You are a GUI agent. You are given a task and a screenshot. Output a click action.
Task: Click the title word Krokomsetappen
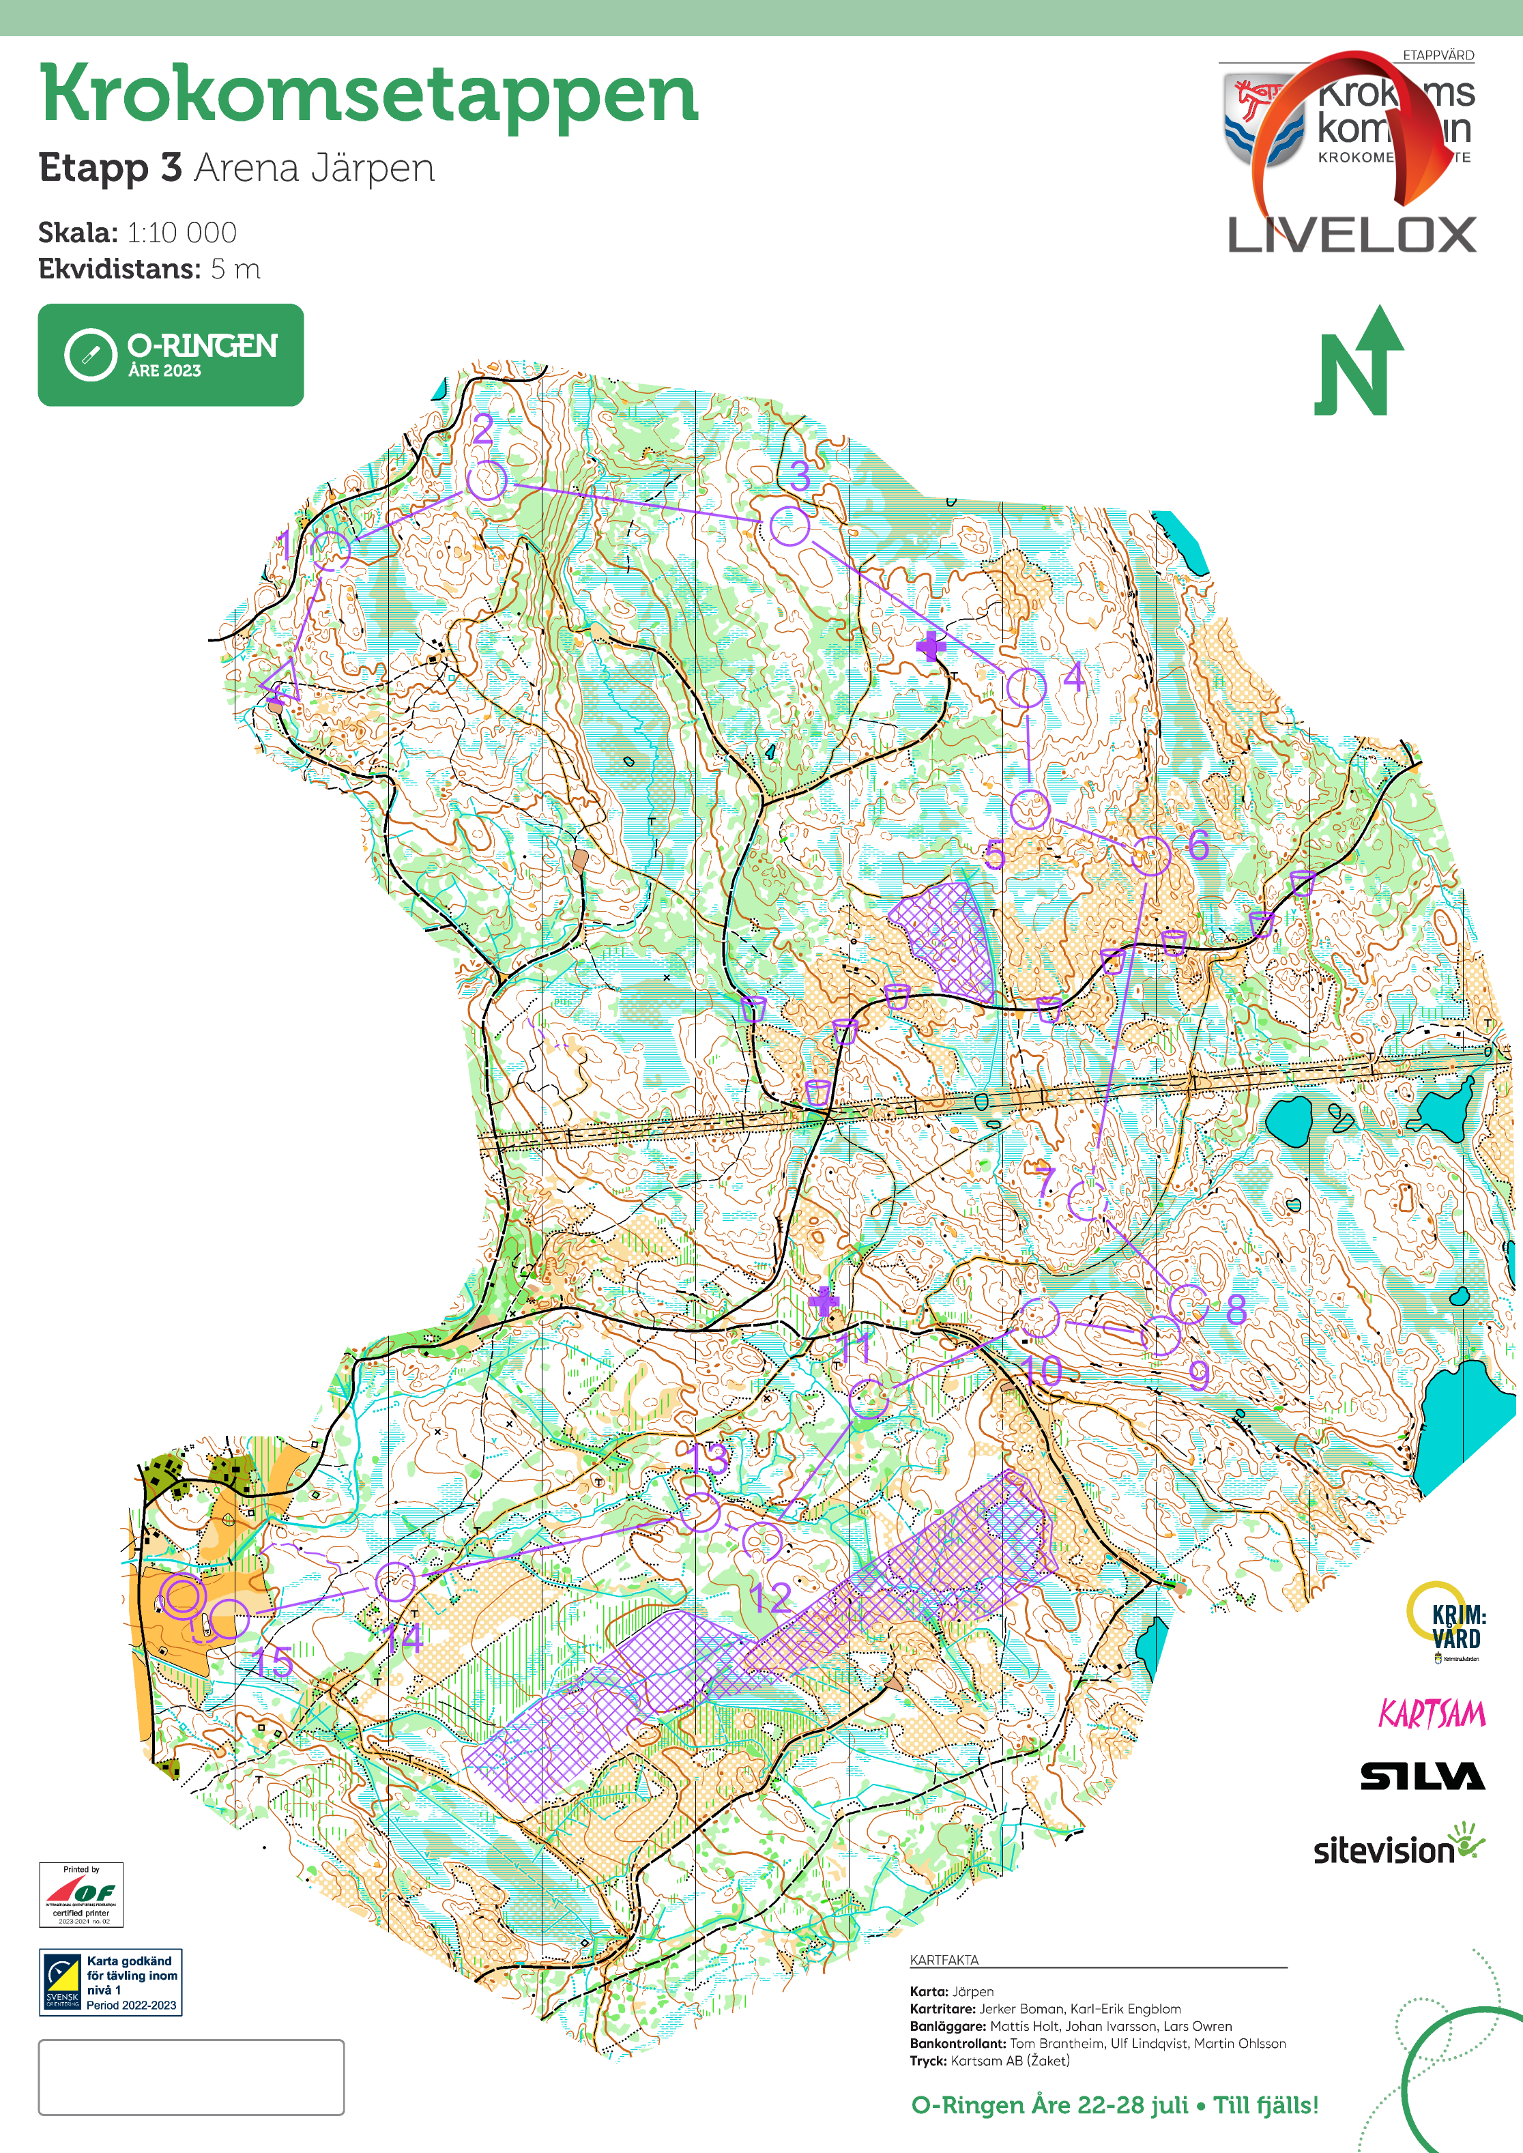368,93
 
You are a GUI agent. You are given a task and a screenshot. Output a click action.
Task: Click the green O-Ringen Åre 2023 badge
171,354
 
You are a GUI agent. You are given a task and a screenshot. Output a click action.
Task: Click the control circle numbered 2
487,481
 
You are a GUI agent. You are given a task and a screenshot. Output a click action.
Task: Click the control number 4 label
1075,677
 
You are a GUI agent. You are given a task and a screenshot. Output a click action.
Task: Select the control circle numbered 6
1150,855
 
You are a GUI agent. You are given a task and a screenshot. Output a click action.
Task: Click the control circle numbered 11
869,1399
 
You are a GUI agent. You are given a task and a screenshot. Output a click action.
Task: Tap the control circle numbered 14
395,1582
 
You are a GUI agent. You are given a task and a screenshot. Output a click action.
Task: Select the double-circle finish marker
182,1596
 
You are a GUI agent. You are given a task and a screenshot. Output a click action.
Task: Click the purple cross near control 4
930,646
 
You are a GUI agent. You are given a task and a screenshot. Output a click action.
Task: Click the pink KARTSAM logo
1431,1714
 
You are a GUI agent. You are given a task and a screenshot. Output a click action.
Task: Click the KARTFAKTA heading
944,1960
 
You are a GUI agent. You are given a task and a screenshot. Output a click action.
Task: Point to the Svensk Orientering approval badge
111,1982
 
